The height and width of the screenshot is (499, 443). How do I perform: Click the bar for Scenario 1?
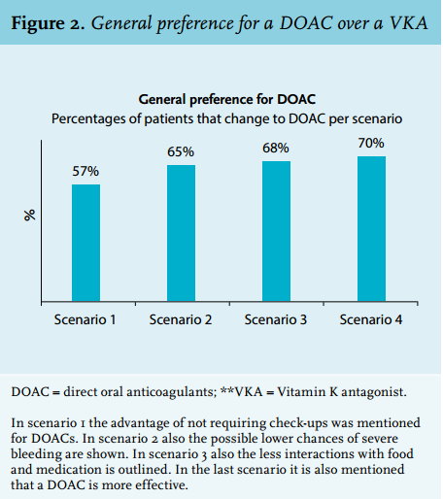85,243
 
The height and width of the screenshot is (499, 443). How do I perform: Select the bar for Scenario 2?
181,233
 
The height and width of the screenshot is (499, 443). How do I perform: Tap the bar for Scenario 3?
276,231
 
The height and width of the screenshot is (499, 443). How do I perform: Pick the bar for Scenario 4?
371,229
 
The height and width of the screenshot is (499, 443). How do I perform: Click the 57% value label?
85,171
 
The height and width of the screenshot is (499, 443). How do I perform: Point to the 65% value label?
181,151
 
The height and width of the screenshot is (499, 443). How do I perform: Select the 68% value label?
276,148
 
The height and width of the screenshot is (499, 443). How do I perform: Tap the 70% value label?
371,143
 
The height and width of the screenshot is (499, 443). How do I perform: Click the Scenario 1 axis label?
85,319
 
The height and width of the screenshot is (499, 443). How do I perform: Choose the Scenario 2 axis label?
181,319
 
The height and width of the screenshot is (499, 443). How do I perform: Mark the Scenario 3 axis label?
276,319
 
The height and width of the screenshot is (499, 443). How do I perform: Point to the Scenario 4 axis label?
371,319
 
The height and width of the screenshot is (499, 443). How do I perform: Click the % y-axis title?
29,216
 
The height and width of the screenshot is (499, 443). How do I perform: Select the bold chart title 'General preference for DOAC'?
227,99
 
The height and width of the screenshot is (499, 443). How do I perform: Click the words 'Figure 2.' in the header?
49,23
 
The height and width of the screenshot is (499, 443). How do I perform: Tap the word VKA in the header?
409,23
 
